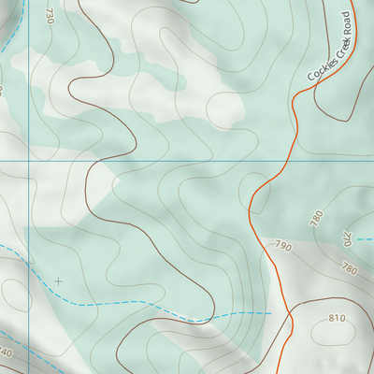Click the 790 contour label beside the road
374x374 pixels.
(x=282, y=247)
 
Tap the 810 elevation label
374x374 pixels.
(x=337, y=319)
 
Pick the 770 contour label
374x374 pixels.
(x=346, y=238)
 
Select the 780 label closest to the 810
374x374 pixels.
(x=350, y=270)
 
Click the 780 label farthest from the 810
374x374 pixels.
(x=316, y=218)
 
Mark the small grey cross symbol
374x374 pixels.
(x=59, y=280)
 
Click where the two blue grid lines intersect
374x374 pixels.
(x=28, y=161)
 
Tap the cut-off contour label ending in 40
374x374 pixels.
(x=6, y=353)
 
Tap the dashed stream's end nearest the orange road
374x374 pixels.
(x=269, y=312)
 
